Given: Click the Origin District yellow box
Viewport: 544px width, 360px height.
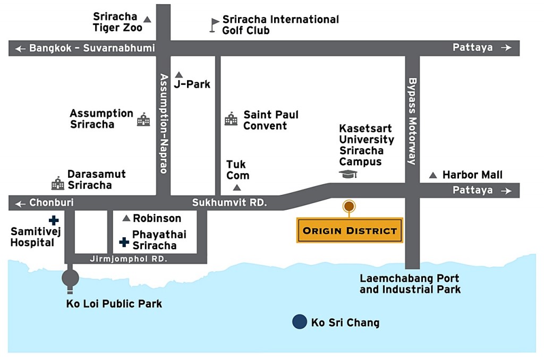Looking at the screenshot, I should tap(350, 230).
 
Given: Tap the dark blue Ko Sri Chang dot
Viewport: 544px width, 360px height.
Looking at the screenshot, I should tap(300, 322).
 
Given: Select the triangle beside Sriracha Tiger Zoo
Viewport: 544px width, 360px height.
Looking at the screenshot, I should tap(147, 20).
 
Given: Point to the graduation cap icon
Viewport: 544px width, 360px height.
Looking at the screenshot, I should tap(348, 174).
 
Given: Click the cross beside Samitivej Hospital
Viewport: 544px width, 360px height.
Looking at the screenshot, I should tap(53, 220).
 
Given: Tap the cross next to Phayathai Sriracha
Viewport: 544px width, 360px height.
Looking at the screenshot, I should tap(124, 242).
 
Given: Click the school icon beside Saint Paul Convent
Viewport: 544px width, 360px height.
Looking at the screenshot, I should tap(231, 119).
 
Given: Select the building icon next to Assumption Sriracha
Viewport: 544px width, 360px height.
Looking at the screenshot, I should tap(143, 119).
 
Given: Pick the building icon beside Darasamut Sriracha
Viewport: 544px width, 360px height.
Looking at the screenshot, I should tap(57, 184).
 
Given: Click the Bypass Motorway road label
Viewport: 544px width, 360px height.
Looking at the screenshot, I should tap(412, 122).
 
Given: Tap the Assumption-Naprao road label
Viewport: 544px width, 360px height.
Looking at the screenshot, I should tap(163, 123).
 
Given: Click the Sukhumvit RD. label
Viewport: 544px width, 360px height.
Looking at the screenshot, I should tap(229, 202).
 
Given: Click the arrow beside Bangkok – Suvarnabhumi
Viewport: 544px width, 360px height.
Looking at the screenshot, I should tap(20, 49).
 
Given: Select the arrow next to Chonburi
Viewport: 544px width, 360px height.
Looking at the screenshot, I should tap(20, 203).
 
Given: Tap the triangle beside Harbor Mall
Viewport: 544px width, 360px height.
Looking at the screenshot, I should tap(433, 175).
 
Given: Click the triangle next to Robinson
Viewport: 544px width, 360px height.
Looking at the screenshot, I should tap(126, 218).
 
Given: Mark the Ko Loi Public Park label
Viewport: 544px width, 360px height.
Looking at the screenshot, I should tap(114, 304).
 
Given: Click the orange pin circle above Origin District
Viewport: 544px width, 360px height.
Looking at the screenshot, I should tap(349, 206).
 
